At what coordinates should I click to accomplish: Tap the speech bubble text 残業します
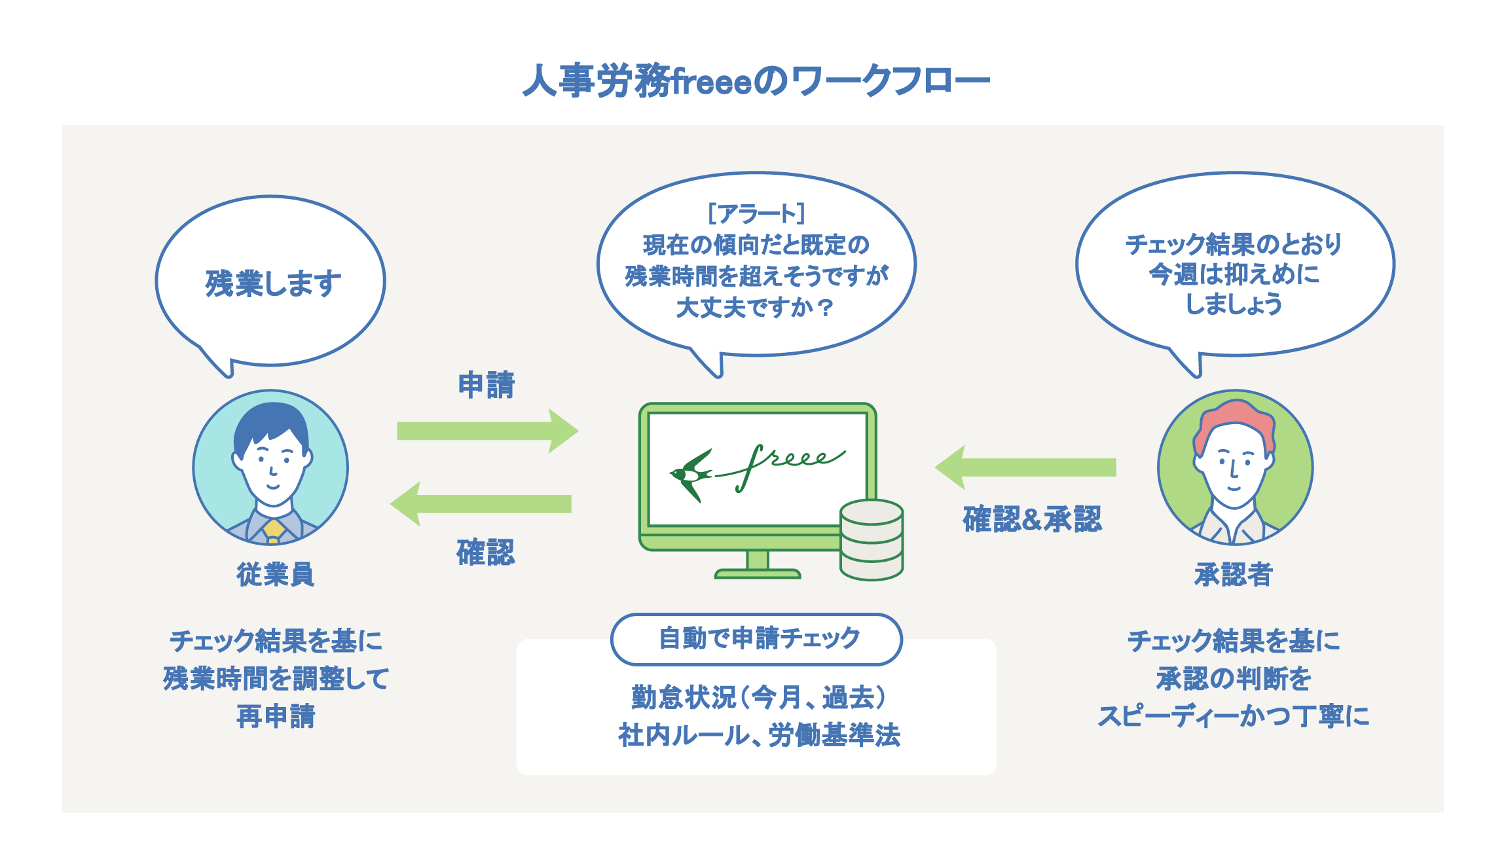[x=273, y=283]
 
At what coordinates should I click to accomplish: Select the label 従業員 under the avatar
[x=275, y=575]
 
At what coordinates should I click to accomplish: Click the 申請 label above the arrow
[x=486, y=385]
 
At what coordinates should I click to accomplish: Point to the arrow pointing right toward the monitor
[x=487, y=431]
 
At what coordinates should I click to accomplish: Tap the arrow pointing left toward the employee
[x=481, y=503]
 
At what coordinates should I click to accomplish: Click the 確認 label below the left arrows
[x=485, y=552]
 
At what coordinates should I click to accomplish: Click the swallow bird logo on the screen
[x=691, y=473]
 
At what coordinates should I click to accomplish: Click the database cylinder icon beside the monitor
[x=872, y=540]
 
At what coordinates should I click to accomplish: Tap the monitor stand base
[x=757, y=573]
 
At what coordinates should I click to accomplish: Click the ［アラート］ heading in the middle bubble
[x=756, y=213]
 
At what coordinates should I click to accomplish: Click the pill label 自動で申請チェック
[x=757, y=638]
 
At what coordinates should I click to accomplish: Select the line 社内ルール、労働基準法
[x=759, y=735]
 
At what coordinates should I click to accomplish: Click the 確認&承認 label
[x=1032, y=519]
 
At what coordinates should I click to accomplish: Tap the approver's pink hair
[x=1235, y=419]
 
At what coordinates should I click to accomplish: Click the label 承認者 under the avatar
[x=1233, y=575]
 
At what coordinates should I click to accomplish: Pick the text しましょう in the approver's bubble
[x=1234, y=304]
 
